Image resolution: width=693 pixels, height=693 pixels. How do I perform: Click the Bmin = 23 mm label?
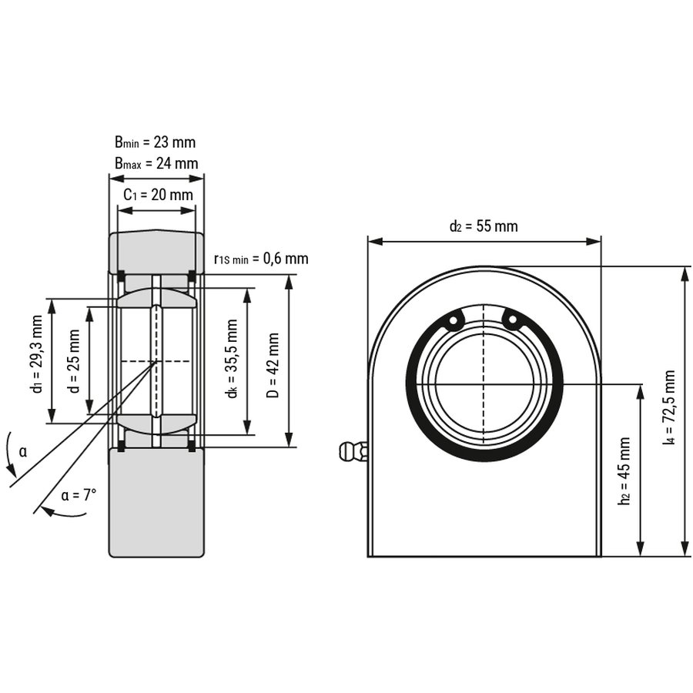pos(155,142)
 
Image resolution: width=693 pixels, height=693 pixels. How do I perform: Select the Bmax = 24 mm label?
pos(156,163)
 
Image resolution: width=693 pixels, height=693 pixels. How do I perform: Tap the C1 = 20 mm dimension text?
pos(159,195)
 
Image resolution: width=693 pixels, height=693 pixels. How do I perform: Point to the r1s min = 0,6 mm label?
pos(261,258)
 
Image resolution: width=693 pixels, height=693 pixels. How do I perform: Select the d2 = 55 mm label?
pos(484,226)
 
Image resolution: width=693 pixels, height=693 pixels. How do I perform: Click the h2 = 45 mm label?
pos(624,470)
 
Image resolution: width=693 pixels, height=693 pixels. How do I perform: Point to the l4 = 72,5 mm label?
pos(669,410)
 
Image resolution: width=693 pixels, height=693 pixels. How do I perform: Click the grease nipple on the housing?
pos(353,450)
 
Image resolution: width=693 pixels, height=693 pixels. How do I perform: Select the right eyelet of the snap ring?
pos(511,318)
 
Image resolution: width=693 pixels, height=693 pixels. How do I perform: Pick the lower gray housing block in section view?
pos(156,500)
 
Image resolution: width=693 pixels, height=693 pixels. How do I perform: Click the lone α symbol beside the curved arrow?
pos(22,451)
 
